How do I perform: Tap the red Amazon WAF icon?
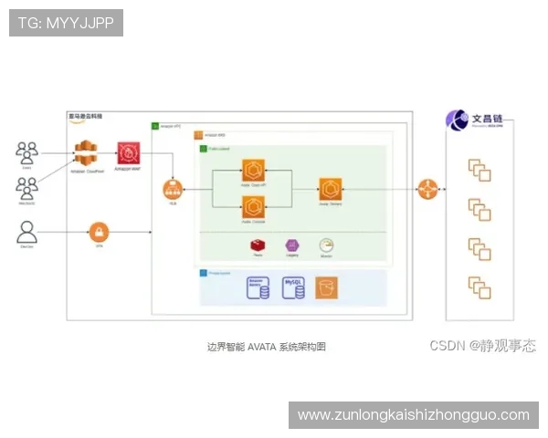[128, 152]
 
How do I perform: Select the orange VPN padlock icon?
[99, 232]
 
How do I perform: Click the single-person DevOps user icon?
[27, 231]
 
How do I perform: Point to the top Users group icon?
[27, 151]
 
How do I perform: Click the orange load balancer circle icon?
[173, 191]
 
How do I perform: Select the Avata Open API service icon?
[253, 172]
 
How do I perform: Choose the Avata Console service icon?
[253, 208]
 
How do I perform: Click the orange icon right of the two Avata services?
[330, 190]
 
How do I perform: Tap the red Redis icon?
[258, 245]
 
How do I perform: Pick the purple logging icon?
[292, 245]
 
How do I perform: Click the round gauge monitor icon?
[326, 245]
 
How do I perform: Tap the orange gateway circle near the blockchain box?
[427, 190]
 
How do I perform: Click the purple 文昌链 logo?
[458, 120]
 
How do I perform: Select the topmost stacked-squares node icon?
[479, 170]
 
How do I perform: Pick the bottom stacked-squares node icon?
[479, 287]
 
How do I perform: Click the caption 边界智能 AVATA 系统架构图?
[267, 347]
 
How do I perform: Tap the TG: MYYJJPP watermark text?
[66, 23]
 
